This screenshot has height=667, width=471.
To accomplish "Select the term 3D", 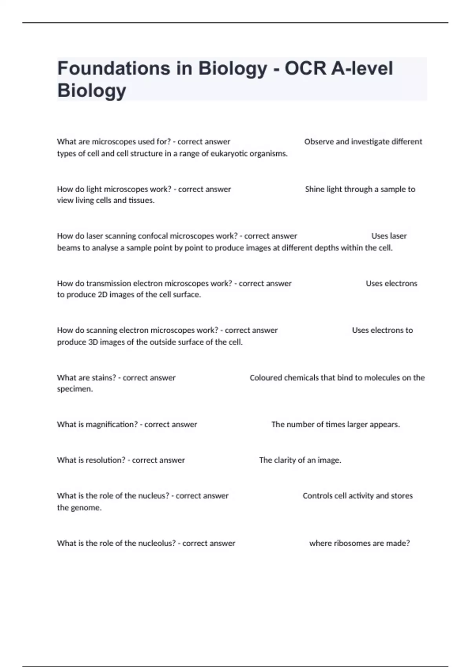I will [93, 342].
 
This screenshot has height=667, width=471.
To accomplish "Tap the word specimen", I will [75, 389].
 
